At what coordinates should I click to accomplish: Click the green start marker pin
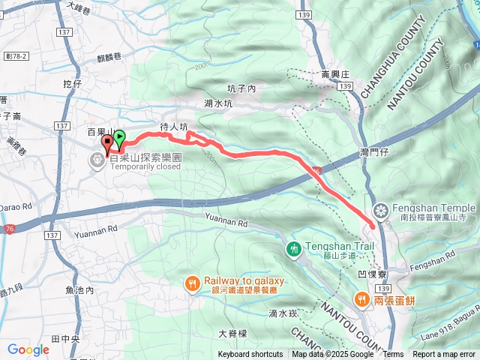118,138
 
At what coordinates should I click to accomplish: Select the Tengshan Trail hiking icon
293,247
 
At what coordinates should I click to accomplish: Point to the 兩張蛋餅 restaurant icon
361,298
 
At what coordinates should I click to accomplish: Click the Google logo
28,349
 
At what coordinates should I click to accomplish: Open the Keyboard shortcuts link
250,355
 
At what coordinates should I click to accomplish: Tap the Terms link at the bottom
393,355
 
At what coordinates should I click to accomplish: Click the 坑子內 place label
242,88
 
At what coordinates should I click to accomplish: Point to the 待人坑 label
173,127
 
